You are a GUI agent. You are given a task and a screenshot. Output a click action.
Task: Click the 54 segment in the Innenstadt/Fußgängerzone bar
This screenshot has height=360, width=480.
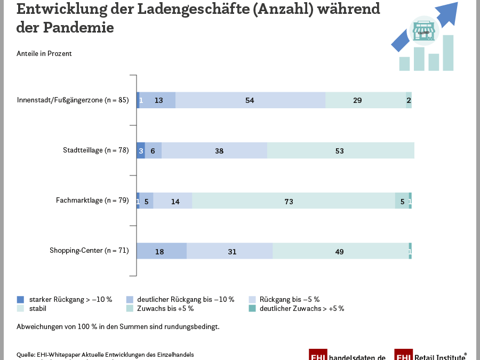pyautogui.click(x=250, y=100)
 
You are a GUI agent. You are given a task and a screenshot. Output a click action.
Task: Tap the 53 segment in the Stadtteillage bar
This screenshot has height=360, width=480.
pyautogui.click(x=340, y=151)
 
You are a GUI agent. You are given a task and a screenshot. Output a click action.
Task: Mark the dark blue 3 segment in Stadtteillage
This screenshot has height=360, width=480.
pyautogui.click(x=141, y=151)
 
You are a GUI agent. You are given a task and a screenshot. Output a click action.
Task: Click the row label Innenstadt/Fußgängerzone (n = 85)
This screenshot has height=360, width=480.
pyautogui.click(x=73, y=100)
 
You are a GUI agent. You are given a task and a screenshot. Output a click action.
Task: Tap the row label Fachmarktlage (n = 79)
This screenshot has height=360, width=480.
pyautogui.click(x=92, y=201)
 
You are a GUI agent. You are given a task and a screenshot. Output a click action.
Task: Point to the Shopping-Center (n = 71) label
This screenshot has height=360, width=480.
pyautogui.click(x=89, y=250)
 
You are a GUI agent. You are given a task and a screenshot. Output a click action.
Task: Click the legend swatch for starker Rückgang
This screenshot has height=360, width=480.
pyautogui.click(x=21, y=299)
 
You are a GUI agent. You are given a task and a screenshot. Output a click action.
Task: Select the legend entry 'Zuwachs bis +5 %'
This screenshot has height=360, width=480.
pyautogui.click(x=165, y=308)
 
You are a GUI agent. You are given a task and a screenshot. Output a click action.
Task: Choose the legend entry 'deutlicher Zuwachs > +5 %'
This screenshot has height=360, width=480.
pyautogui.click(x=301, y=308)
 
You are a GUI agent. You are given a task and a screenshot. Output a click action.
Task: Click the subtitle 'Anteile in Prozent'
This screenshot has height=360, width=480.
pyautogui.click(x=44, y=53)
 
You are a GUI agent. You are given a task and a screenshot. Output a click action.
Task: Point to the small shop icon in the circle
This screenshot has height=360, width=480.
pyautogui.click(x=424, y=31)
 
